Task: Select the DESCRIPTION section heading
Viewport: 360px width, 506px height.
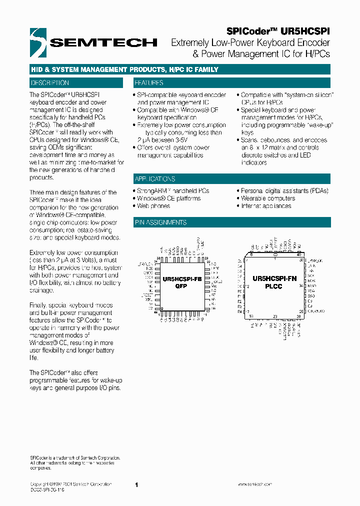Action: [x=50, y=83]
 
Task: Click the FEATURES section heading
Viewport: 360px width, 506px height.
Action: [x=149, y=83]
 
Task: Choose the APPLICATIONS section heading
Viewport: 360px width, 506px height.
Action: [x=155, y=179]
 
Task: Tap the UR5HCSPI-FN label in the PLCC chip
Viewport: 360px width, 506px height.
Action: [x=274, y=278]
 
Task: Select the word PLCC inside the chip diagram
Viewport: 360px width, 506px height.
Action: [x=274, y=286]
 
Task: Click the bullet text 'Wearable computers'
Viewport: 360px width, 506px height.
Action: [x=268, y=198]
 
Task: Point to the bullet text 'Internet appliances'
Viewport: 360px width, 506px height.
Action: [x=266, y=206]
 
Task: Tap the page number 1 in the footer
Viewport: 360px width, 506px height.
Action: [x=136, y=484]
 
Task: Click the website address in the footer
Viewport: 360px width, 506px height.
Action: [x=254, y=484]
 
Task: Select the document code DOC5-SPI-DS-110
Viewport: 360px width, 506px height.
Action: [x=47, y=490]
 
